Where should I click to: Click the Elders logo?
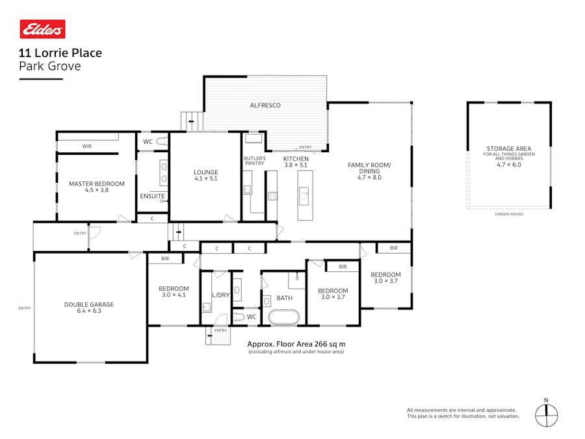[42, 29]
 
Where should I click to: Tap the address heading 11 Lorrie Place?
[60, 53]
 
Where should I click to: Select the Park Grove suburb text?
[50, 66]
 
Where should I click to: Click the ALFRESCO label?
[265, 105]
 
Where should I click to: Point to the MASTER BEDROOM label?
[96, 184]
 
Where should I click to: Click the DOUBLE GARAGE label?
[89, 304]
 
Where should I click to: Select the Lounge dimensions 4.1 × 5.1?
[205, 180]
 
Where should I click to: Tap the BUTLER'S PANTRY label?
[254, 161]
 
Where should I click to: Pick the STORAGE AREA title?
[508, 148]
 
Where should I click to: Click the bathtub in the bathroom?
[284, 317]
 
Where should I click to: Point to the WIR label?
[86, 146]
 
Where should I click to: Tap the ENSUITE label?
[152, 196]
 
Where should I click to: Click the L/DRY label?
[221, 295]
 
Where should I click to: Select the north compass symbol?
[546, 413]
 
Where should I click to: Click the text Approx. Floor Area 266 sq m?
[296, 344]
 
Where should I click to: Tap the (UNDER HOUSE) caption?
[508, 214]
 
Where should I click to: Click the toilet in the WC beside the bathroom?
[239, 317]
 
